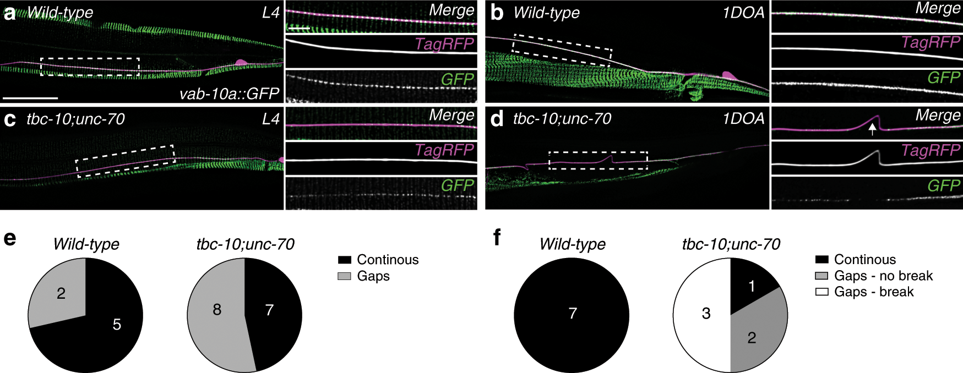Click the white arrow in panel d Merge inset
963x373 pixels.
872,129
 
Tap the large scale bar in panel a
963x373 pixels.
30,98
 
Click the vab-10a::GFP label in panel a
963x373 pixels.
229,94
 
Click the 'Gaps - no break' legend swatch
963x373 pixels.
821,276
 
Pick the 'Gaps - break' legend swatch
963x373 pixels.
821,292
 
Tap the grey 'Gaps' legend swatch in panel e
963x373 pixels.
344,276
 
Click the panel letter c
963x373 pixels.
9,119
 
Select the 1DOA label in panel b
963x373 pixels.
743,13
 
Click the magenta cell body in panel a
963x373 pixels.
241,63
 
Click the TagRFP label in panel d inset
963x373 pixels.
931,150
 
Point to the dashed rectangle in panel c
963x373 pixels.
125,161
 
